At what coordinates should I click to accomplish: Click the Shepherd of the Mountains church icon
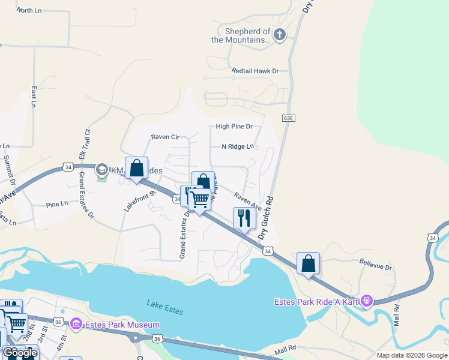pyautogui.click(x=279, y=35)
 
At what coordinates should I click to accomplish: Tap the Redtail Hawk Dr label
pyautogui.click(x=256, y=71)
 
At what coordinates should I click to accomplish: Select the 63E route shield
pyautogui.click(x=289, y=118)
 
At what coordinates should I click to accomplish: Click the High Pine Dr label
pyautogui.click(x=234, y=127)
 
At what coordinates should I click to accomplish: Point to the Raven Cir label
pyautogui.click(x=165, y=137)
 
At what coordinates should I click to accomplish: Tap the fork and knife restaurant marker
pyautogui.click(x=244, y=218)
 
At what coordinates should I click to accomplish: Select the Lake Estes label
pyautogui.click(x=165, y=307)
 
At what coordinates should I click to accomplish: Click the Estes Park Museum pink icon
pyautogui.click(x=76, y=325)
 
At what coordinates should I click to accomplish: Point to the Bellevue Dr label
pyautogui.click(x=375, y=264)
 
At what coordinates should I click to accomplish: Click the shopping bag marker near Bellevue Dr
pyautogui.click(x=308, y=263)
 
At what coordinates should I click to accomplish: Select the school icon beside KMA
pyautogui.click(x=101, y=170)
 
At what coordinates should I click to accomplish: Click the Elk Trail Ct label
pyautogui.click(x=86, y=143)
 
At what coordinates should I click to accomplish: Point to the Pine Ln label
pyautogui.click(x=57, y=205)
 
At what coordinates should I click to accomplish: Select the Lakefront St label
pyautogui.click(x=140, y=200)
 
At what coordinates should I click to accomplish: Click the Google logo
pyautogui.click(x=20, y=353)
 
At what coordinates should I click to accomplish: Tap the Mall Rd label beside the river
pyautogui.click(x=396, y=314)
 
